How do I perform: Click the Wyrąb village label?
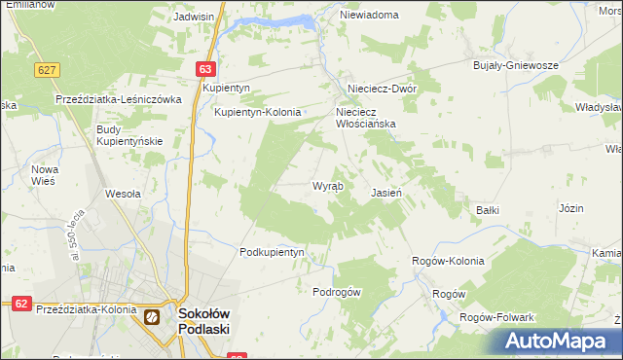pyautogui.click(x=327, y=186)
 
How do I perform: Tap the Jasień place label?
pyautogui.click(x=386, y=193)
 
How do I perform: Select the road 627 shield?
pyautogui.click(x=47, y=70)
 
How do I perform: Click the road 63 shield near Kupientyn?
pyautogui.click(x=204, y=69)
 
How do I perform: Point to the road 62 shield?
pyautogui.click(x=20, y=304)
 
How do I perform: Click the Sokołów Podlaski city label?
pyautogui.click(x=203, y=320)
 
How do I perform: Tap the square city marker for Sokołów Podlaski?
pyautogui.click(x=152, y=316)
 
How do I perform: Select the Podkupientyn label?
pyautogui.click(x=273, y=252)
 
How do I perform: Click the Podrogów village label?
pyautogui.click(x=338, y=292)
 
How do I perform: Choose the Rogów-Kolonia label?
pyautogui.click(x=449, y=262)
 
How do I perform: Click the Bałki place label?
pyautogui.click(x=488, y=209)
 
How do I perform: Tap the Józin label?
pyautogui.click(x=571, y=208)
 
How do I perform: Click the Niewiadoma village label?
pyautogui.click(x=370, y=16)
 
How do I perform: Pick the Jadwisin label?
pyautogui.click(x=194, y=17)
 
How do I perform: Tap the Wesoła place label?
pyautogui.click(x=124, y=193)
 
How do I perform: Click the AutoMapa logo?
pyautogui.click(x=557, y=341)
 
